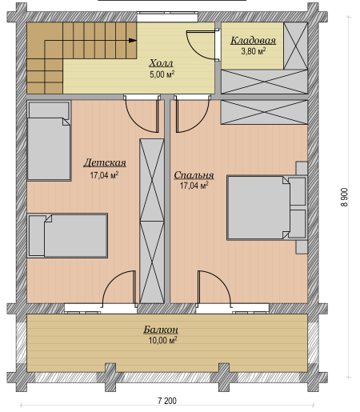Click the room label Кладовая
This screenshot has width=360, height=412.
click(253, 40)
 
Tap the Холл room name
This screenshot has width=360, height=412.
click(161, 63)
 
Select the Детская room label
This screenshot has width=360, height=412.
click(105, 162)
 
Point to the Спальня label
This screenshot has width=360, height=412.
click(194, 175)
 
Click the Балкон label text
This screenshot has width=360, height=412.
click(161, 330)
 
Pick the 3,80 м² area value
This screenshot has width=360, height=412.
click(254, 50)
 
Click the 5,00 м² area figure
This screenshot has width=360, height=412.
click(162, 74)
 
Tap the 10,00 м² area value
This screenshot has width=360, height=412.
click(162, 340)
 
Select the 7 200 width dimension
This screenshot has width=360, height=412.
click(167, 401)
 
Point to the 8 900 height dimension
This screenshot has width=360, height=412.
click(344, 197)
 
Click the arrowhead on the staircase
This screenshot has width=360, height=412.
click(133, 41)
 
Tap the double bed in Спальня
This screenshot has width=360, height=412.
click(258, 208)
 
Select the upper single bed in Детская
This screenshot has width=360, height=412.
click(49, 141)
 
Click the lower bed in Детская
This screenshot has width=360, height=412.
click(67, 235)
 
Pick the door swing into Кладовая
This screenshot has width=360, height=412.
click(202, 45)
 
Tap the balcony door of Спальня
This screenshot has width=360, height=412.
click(214, 288)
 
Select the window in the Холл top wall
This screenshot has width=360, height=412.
click(167, 17)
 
